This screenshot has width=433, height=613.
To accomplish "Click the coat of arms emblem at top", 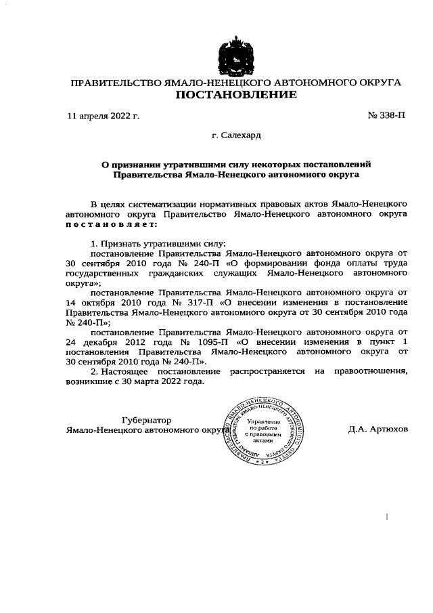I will [236, 54].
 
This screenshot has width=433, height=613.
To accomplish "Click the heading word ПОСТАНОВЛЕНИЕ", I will [236, 95].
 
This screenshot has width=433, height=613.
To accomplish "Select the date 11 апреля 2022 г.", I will [104, 117].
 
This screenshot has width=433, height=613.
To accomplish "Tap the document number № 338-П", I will [387, 117].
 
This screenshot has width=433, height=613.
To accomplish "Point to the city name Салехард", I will [241, 136].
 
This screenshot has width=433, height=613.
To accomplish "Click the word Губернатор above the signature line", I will [146, 420].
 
